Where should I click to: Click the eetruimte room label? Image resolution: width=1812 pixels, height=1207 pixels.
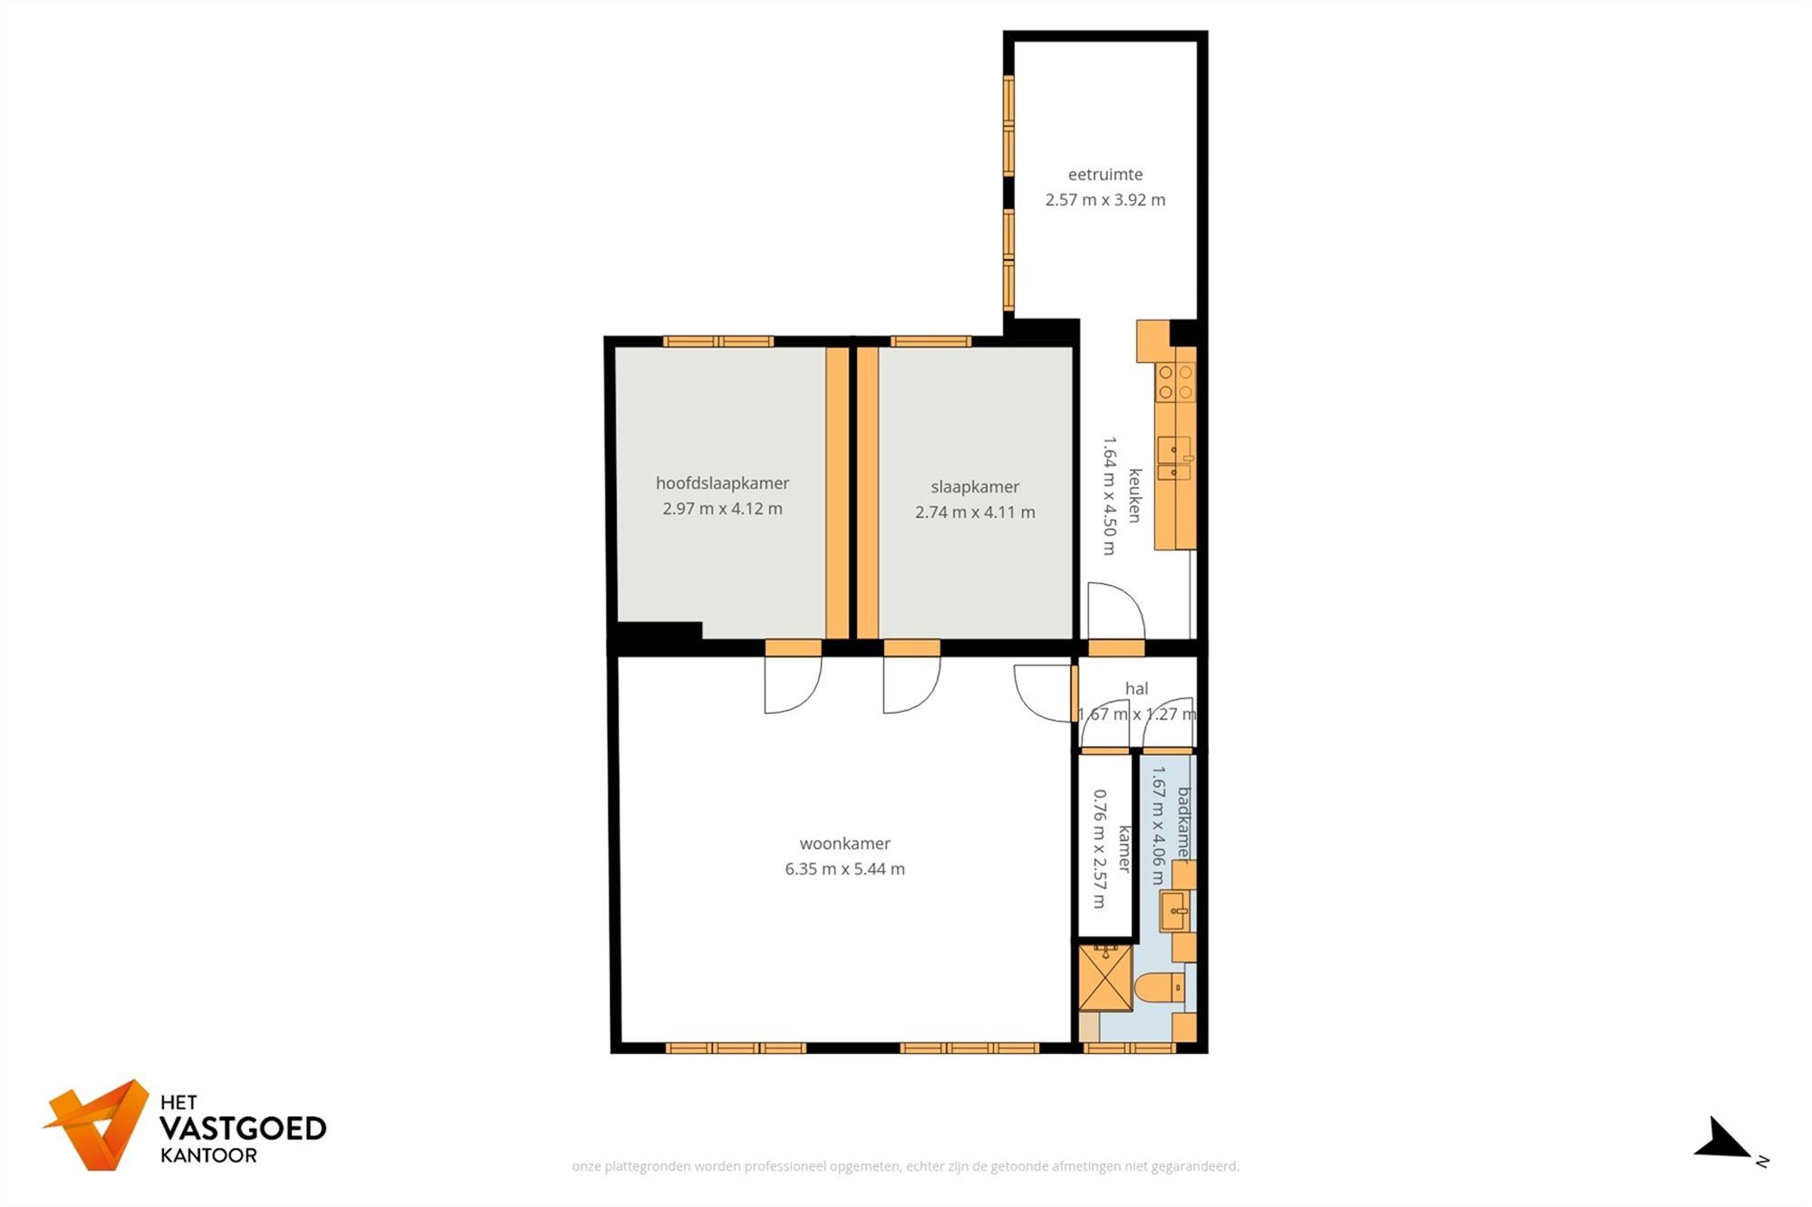coord(1104,175)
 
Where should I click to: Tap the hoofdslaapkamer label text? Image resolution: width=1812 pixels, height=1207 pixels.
coord(722,484)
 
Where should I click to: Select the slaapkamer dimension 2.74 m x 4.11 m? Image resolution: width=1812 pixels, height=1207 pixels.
coord(975,512)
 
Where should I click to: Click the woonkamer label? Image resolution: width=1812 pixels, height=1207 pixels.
coord(844,844)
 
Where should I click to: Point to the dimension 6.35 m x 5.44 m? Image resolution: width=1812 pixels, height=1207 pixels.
coord(844,869)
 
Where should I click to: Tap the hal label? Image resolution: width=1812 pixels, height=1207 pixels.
coord(1136,689)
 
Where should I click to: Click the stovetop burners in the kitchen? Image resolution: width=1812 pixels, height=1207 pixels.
coord(1176,382)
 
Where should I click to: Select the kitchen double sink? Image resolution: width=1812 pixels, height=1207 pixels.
coord(1175,459)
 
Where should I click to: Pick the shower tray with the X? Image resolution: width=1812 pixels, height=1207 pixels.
coord(1105,978)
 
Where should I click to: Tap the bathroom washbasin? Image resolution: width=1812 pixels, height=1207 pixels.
coord(1175,911)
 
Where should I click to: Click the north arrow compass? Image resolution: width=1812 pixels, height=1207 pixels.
coord(1726,1140)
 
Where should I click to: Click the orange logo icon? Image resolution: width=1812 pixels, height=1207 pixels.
coord(99,1124)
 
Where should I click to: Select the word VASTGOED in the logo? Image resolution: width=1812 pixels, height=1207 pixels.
coord(243,1128)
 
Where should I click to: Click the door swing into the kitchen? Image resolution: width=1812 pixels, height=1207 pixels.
coord(1115,611)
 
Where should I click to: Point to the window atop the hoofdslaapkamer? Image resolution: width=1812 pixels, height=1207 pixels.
coord(718,341)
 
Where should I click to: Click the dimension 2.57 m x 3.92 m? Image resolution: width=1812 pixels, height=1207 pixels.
coord(1104,200)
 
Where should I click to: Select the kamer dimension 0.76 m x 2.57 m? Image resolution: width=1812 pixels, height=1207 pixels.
coord(1100,848)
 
